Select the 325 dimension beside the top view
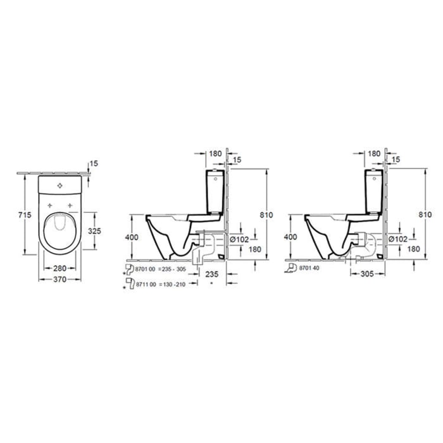click(94, 230)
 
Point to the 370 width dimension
click(61, 279)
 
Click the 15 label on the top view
click(94, 164)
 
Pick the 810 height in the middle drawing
click(266, 215)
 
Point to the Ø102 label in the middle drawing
click(237, 239)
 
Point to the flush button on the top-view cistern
click(61, 186)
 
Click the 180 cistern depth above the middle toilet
click(215, 153)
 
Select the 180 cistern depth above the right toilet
click(373, 153)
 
